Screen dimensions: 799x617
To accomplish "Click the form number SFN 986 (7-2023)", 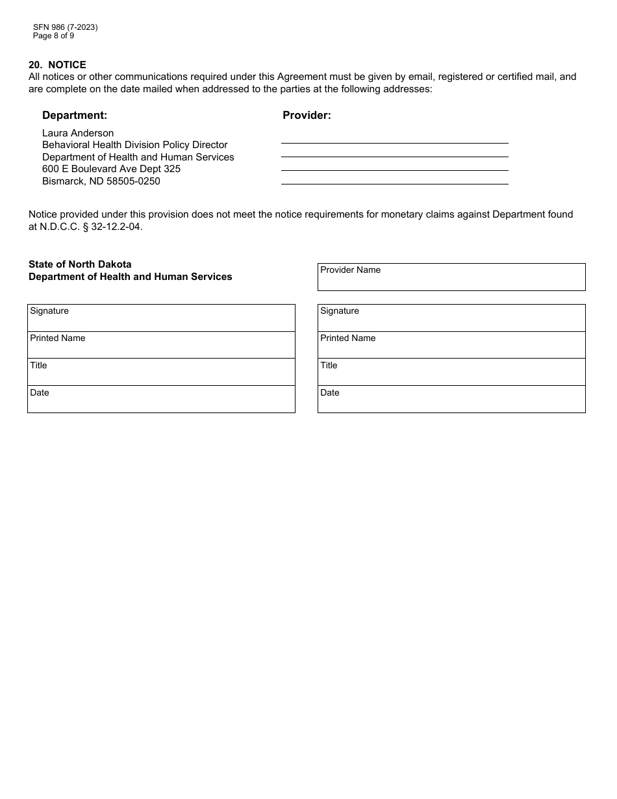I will click(x=65, y=27).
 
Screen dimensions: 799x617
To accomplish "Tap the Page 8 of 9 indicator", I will click(x=53, y=36).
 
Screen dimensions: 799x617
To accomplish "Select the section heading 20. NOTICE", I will click(x=57, y=65).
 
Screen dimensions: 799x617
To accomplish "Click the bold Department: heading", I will click(x=75, y=115).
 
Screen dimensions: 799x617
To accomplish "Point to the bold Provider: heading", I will click(x=307, y=115).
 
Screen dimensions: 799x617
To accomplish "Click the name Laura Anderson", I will click(x=78, y=133).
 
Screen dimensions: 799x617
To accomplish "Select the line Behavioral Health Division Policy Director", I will click(x=134, y=145).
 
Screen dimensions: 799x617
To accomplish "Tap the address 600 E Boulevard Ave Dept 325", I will click(x=111, y=169).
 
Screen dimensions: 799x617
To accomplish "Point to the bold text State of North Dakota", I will click(x=80, y=264).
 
